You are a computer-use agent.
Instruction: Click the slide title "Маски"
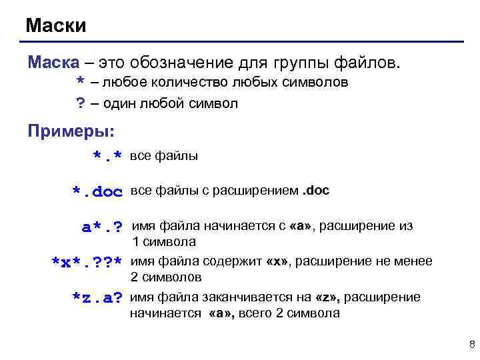[56, 26]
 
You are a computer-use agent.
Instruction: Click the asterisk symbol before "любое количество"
[80, 84]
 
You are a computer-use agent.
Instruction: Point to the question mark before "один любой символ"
[80, 104]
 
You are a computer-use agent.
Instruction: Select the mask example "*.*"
[107, 157]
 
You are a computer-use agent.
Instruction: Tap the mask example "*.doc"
[98, 193]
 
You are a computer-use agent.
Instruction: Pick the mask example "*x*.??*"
[87, 262]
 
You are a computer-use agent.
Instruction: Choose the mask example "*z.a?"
[97, 297]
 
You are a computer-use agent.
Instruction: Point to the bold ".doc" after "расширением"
[316, 191]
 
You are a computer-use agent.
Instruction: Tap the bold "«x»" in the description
[277, 261]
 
